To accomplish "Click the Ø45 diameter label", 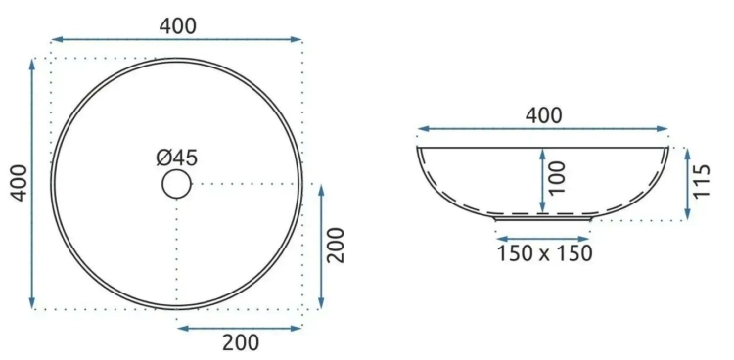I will (x=176, y=157).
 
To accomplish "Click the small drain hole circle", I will (x=176, y=183).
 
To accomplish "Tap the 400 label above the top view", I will (x=177, y=26).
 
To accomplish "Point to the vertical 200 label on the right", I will (x=336, y=246).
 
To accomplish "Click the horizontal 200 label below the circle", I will (x=240, y=341).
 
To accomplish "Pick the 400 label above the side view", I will (x=543, y=114).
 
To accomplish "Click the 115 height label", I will (x=701, y=182).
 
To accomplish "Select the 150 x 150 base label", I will (x=543, y=253).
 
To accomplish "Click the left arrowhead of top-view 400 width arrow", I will (x=56, y=40).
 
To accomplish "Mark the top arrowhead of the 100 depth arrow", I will (x=542, y=152).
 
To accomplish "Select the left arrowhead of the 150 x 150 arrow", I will (x=499, y=238).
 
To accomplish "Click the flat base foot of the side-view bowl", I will (x=543, y=219).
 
